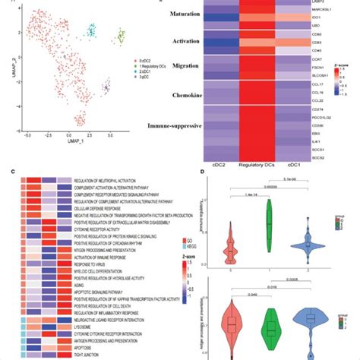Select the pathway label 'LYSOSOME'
tap(87, 325)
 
